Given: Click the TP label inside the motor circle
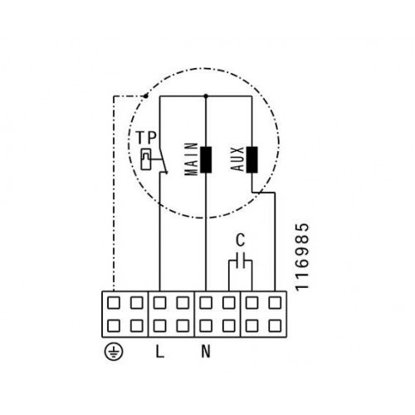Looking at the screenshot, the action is [146, 138].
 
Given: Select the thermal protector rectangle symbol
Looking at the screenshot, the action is [146, 159].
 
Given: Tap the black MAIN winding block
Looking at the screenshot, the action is [206, 160].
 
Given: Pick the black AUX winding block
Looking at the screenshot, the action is [251, 160].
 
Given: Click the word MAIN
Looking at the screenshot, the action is [191, 159].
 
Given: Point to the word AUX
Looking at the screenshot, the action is [237, 159].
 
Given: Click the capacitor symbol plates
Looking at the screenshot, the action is [241, 261].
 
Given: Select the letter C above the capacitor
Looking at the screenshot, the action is [241, 240].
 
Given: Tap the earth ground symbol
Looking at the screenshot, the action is [114, 352].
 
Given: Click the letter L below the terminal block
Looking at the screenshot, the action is [159, 351].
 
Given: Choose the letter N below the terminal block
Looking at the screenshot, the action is [206, 351].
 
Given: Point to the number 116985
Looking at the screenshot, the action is [302, 257].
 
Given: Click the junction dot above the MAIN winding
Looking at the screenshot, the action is [206, 96].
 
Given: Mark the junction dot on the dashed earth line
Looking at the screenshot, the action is [145, 96].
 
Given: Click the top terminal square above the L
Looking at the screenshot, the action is [159, 303].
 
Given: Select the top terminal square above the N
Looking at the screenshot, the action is [206, 303].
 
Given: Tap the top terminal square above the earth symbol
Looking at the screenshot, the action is [114, 303].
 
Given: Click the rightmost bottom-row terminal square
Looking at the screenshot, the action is [275, 326].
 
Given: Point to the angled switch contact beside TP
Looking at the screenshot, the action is [163, 159].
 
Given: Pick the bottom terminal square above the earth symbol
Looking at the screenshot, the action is [114, 326].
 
